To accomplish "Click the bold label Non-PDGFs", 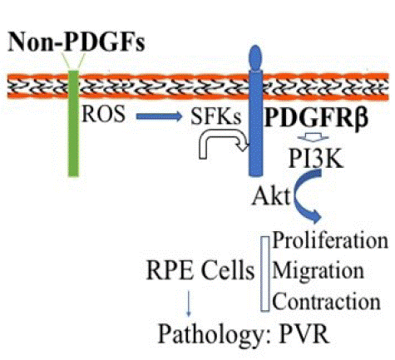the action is pos(77,42).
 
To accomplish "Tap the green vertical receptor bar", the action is pos(73,123).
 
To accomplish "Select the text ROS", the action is pos(104,114).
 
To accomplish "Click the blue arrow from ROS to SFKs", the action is pos(159,116).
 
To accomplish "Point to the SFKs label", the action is pos(216,116).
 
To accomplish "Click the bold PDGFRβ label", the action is pos(317,116).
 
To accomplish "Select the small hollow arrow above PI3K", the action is pos(314,137).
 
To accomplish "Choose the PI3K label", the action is pos(316,158).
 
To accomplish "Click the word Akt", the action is pos(271,196).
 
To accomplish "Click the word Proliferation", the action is pos(330,240).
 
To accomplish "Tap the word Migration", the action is pos(318,271).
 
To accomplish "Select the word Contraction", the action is pos(326,301).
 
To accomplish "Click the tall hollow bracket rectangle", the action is pos(265,274).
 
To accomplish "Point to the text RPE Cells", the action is pos(200,270).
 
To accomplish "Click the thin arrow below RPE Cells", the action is pos(189,303).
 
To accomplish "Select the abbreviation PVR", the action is pos(304,333).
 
